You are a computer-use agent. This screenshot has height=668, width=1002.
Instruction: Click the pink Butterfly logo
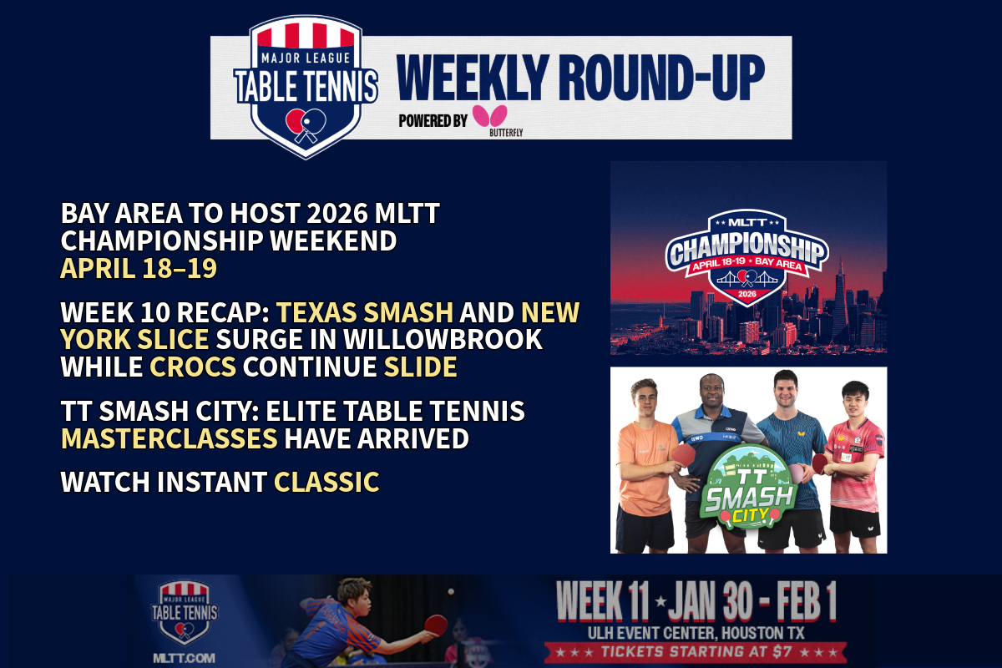(490, 115)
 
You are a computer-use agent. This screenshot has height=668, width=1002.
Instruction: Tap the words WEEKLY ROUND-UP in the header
(580, 78)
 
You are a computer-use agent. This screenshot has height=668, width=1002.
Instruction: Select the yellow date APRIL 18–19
(139, 269)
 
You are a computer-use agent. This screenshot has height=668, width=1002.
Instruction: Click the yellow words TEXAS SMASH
(365, 311)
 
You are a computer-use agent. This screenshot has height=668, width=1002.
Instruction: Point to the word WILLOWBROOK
(443, 339)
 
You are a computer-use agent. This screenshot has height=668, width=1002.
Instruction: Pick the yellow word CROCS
(193, 367)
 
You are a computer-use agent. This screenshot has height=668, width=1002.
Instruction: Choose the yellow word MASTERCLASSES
(169, 438)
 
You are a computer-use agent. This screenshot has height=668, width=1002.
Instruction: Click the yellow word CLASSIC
(326, 482)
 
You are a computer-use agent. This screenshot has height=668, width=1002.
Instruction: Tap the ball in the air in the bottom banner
(451, 591)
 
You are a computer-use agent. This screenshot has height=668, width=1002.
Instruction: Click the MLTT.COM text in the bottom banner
(184, 658)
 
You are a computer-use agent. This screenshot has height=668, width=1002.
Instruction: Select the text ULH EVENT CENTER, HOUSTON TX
(696, 633)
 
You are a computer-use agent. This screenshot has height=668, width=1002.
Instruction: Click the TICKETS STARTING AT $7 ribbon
(696, 652)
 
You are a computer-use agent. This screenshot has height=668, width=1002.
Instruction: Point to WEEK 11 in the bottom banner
(602, 601)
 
